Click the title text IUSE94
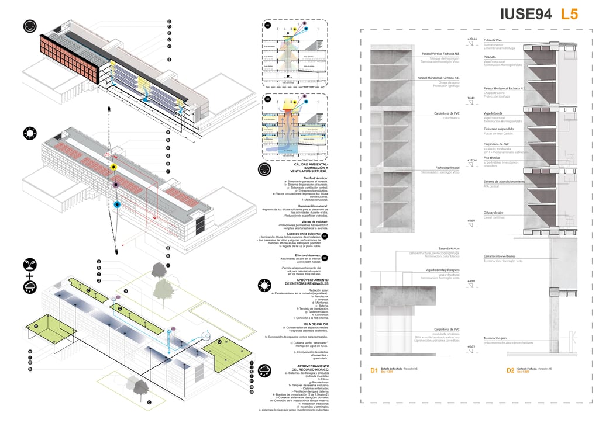(x=525, y=15)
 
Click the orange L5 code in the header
(x=570, y=15)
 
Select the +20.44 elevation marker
(x=472, y=39)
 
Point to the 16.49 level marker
(x=470, y=98)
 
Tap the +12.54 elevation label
(x=472, y=160)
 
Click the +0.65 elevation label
(x=471, y=346)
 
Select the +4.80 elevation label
(x=471, y=282)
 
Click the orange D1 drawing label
(x=374, y=370)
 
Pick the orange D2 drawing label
(x=511, y=370)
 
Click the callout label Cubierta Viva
(x=493, y=40)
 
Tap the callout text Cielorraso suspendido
(x=498, y=129)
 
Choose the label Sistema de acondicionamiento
(x=504, y=182)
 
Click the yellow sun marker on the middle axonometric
(x=115, y=168)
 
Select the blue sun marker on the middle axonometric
(x=117, y=204)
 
